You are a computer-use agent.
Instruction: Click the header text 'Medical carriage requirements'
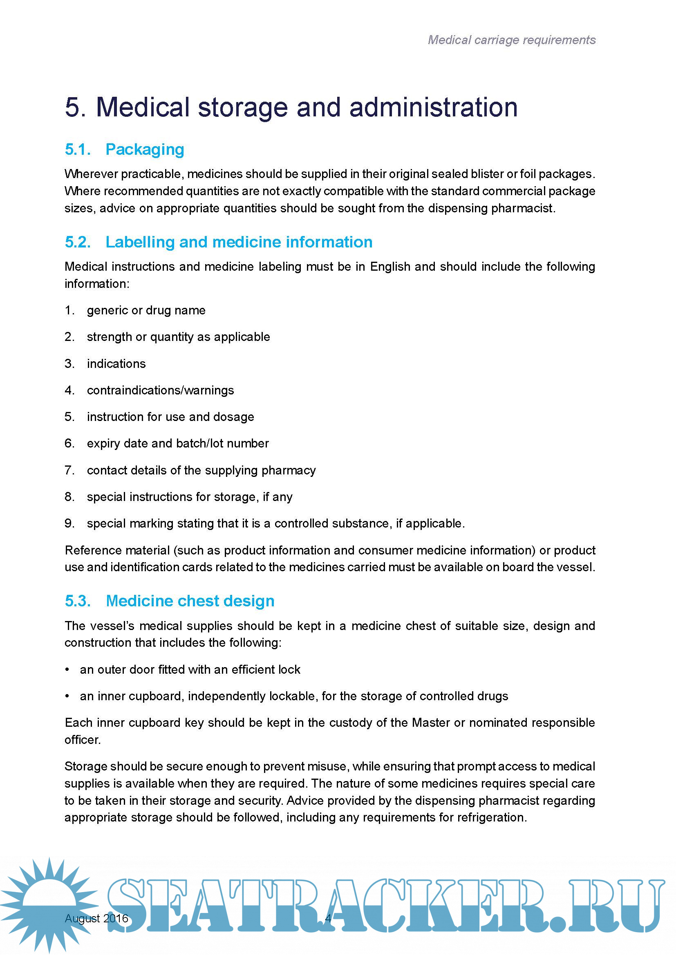point(512,40)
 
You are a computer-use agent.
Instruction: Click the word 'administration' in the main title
point(433,107)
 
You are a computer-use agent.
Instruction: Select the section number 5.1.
point(78,149)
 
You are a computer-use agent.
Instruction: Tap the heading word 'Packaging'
point(144,149)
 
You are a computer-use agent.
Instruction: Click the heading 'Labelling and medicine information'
point(239,242)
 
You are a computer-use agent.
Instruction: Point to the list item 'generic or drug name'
point(146,310)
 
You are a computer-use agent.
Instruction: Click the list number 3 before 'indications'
point(69,363)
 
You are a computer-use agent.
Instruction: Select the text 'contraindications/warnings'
point(160,390)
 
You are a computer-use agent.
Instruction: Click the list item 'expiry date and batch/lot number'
point(178,443)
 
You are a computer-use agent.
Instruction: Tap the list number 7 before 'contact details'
point(69,470)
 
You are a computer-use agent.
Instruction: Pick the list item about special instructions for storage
point(189,496)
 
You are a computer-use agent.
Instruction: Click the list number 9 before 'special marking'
point(69,523)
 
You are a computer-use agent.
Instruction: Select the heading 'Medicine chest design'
point(190,601)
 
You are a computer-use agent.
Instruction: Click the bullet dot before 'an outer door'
point(67,669)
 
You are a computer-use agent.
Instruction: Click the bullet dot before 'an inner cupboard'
point(67,696)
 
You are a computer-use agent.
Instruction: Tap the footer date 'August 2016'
point(96,918)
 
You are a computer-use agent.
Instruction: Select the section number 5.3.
point(78,601)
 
